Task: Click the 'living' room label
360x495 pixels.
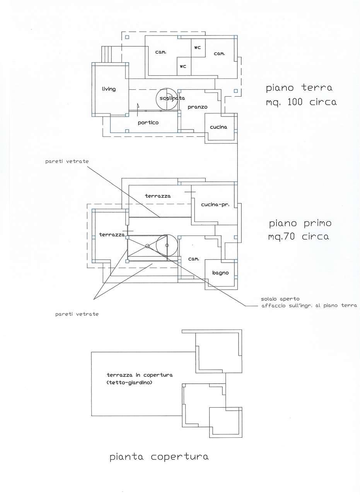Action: (x=109, y=89)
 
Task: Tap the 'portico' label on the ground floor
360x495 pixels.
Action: (x=148, y=123)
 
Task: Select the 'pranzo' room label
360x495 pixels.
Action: (x=198, y=107)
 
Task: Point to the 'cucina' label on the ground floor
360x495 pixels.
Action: (x=218, y=127)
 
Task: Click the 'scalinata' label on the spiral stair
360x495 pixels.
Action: (x=172, y=98)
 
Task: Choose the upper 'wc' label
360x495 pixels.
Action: (x=198, y=48)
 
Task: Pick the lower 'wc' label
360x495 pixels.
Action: (x=183, y=66)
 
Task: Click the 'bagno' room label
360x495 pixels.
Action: (x=220, y=273)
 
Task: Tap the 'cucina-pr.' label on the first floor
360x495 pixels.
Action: (x=215, y=205)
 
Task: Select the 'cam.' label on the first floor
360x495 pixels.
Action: (x=194, y=259)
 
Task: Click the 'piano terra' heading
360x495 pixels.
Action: (x=299, y=88)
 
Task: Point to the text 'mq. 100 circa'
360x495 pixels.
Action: (x=301, y=102)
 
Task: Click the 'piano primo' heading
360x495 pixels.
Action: (x=300, y=223)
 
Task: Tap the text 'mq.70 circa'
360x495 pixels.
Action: (x=299, y=237)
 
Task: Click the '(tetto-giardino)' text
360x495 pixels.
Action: (x=129, y=382)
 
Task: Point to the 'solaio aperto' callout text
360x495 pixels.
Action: (x=280, y=299)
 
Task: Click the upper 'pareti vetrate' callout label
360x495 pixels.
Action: (x=67, y=162)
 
